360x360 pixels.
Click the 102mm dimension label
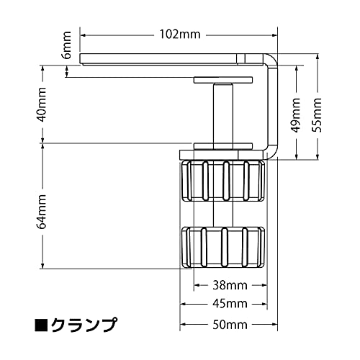pyautogui.click(x=180, y=35)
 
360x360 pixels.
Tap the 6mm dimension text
pyautogui.click(x=67, y=45)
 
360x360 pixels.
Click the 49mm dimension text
pyautogui.click(x=295, y=115)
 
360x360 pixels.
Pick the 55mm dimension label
pyautogui.click(x=316, y=115)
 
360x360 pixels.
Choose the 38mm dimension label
pyautogui.click(x=230, y=286)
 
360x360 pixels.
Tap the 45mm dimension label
pyautogui.click(x=230, y=304)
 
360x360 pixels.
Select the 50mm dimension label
pyautogui.click(x=230, y=325)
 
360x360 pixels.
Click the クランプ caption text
pyautogui.click(x=84, y=325)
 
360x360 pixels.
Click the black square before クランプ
pyautogui.click(x=42, y=325)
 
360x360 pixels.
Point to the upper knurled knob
pyautogui.click(x=223, y=181)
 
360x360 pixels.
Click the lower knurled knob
pyautogui.click(x=223, y=247)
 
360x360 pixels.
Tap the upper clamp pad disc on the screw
pyautogui.click(x=223, y=80)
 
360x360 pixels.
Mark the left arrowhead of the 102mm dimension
pyautogui.click(x=83, y=35)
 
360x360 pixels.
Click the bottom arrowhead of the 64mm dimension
pyautogui.click(x=42, y=266)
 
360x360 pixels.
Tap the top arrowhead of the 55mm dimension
pyautogui.click(x=318, y=57)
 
